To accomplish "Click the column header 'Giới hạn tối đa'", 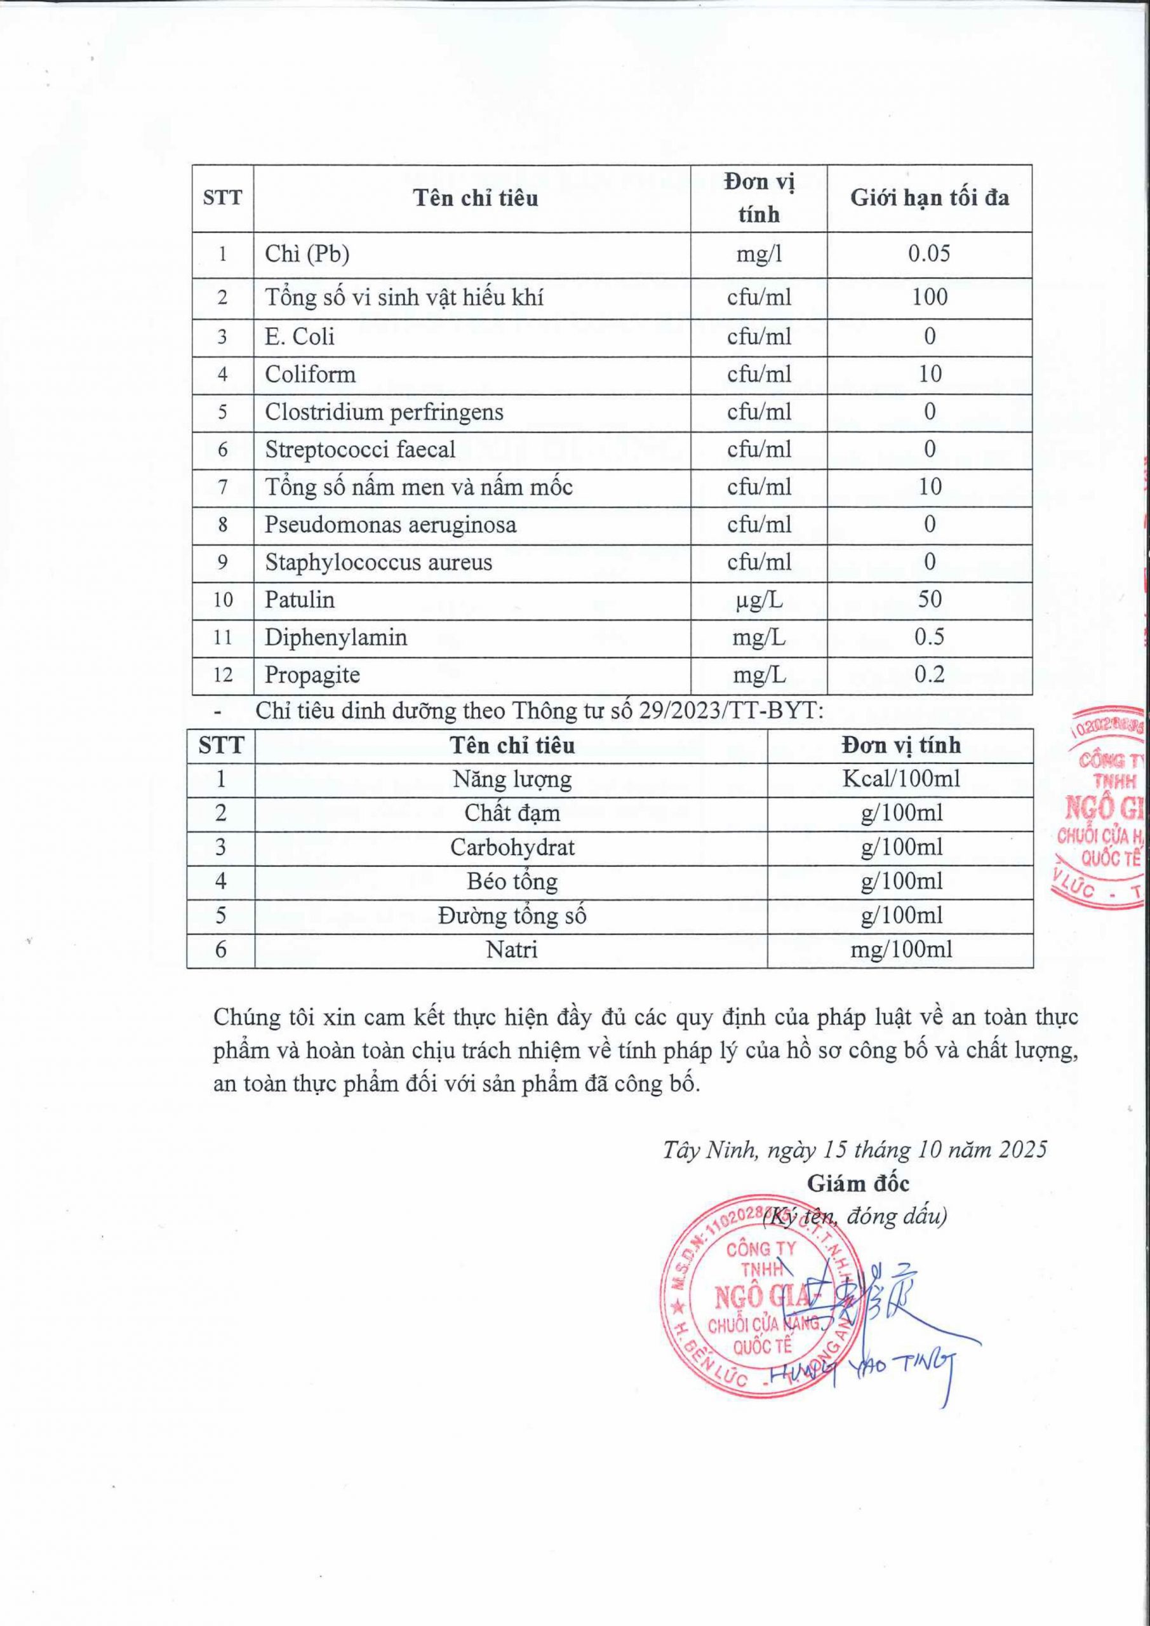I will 929,198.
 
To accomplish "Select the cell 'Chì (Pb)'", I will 307,254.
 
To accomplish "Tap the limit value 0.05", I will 929,253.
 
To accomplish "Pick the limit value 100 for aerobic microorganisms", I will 929,297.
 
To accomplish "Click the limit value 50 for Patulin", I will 929,600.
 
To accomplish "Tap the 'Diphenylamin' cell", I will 336,637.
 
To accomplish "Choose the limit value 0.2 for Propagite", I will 929,674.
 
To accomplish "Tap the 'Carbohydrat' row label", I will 511,848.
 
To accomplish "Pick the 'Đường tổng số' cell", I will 511,916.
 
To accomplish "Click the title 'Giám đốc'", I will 857,1183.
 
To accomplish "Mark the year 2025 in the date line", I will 1022,1150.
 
